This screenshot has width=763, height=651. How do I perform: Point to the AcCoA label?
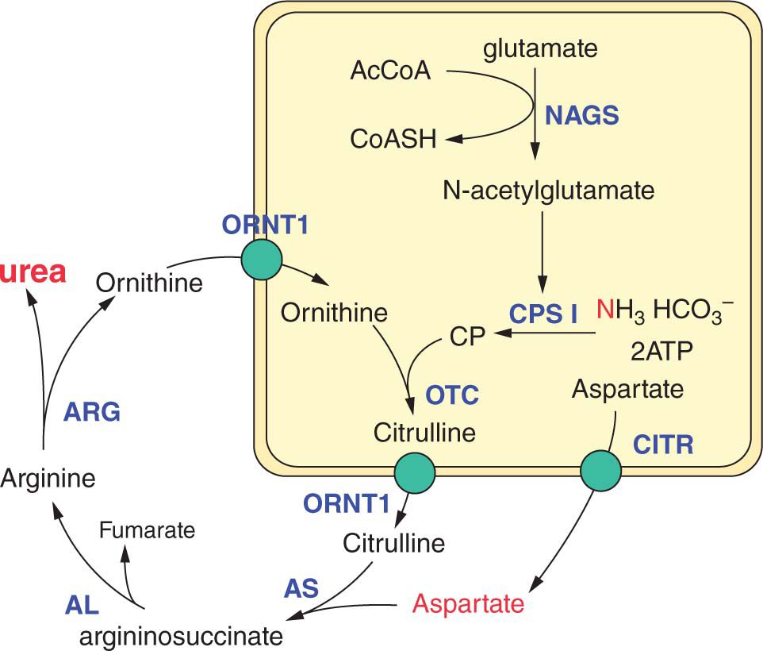click(x=390, y=71)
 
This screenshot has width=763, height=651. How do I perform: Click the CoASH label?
click(x=393, y=140)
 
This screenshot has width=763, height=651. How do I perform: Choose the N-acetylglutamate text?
click(x=550, y=191)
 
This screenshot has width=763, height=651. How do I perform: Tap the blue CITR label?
click(x=663, y=445)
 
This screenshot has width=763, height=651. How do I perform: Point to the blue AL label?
click(x=81, y=607)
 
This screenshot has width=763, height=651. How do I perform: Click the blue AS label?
click(x=301, y=588)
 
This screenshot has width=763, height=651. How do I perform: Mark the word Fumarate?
click(x=148, y=530)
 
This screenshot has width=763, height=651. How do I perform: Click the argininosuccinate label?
click(x=181, y=636)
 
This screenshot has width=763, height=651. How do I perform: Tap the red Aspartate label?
click(x=469, y=604)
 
